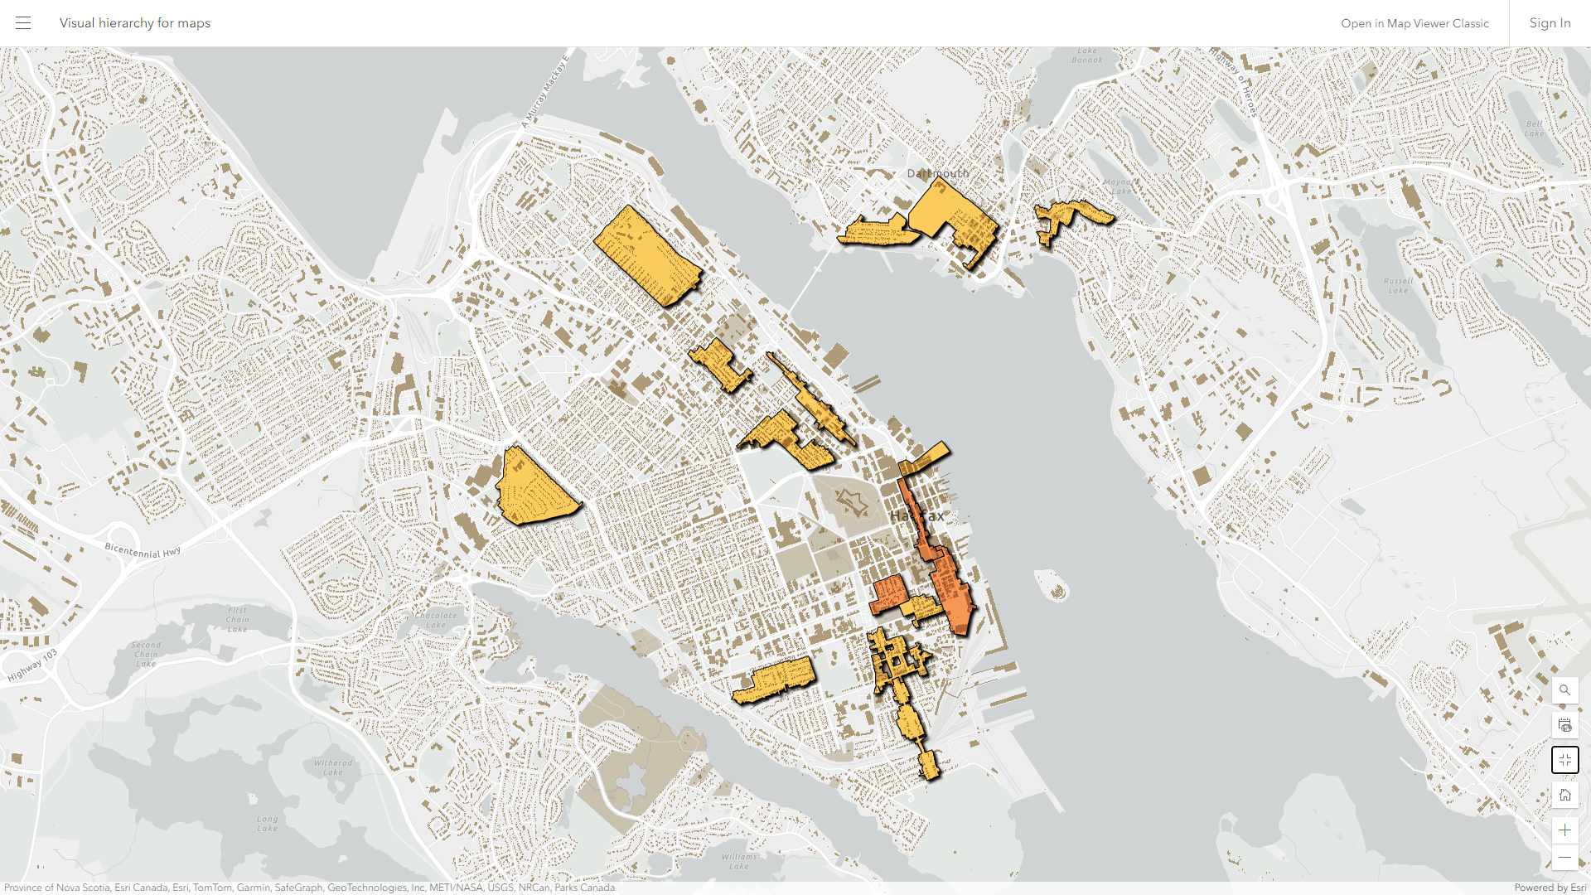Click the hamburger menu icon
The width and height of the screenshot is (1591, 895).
23,23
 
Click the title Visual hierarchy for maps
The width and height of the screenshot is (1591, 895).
134,23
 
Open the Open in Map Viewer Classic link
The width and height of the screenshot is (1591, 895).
1414,23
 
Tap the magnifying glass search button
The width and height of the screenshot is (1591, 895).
1564,689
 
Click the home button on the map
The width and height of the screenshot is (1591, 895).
1564,796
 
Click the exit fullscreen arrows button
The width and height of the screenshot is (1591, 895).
1564,760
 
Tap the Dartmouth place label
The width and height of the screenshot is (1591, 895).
937,173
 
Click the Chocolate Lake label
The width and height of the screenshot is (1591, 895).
436,620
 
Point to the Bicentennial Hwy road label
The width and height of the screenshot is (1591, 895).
143,551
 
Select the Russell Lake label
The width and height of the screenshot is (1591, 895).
1399,286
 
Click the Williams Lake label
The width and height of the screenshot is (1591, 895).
738,861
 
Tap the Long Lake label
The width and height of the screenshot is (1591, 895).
267,823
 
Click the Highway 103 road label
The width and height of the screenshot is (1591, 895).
33,665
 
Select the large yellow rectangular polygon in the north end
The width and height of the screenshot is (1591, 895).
647,255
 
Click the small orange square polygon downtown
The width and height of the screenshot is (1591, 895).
889,594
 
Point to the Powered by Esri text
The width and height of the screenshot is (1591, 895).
1550,888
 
